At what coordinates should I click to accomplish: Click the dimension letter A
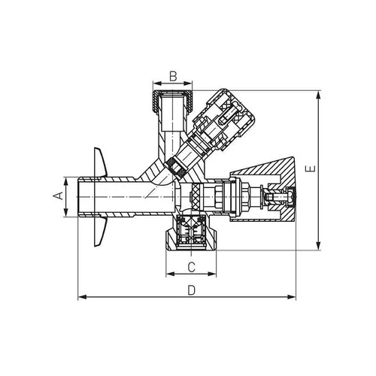56,196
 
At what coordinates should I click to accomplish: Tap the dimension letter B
172,75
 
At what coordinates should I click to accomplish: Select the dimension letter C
191,267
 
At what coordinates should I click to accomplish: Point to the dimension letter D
191,290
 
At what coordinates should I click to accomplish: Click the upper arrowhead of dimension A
65,180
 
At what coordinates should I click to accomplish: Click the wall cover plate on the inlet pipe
102,197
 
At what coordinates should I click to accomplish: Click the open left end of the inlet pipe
80,197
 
